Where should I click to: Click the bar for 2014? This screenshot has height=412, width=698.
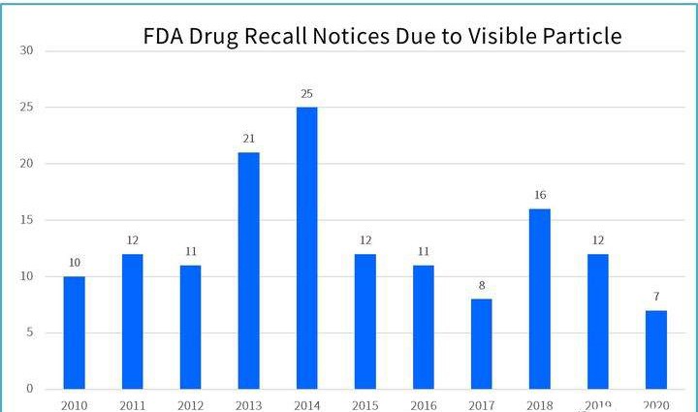click(306, 248)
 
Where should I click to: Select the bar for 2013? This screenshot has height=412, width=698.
click(248, 270)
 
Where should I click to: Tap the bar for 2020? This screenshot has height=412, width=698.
click(655, 350)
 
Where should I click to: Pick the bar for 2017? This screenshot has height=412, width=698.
click(482, 344)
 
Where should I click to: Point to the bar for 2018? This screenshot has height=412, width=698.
click(540, 299)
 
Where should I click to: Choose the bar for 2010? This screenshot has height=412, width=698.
click(75, 333)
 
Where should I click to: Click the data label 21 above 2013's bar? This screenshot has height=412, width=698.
click(248, 139)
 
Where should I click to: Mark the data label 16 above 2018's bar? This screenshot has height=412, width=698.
click(540, 195)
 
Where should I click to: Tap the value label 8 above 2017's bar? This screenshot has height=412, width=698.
click(482, 286)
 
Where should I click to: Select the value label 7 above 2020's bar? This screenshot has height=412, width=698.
click(655, 297)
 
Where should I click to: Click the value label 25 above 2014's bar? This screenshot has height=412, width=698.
click(306, 93)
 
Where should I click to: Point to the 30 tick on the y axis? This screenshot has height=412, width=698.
click(26, 50)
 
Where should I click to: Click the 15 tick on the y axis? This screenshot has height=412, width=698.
click(26, 220)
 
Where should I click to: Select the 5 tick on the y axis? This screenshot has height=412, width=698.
click(29, 333)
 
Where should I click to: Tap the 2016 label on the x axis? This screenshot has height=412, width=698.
click(424, 404)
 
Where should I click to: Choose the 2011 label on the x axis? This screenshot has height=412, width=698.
click(133, 404)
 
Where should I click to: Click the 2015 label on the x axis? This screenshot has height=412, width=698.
click(365, 404)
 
